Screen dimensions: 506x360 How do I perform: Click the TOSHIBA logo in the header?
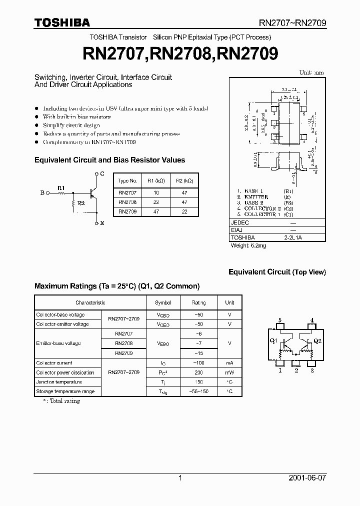pyautogui.click(x=62, y=22)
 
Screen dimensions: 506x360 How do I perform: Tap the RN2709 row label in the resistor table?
pyautogui.click(x=127, y=211)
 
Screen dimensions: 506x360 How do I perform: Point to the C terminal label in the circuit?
pyautogui.click(x=102, y=173)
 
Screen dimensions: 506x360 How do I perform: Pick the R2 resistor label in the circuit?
pyautogui.click(x=81, y=204)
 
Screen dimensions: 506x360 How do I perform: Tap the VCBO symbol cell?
pyautogui.click(x=163, y=315)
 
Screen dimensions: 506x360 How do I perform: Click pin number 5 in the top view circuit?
pyautogui.click(x=280, y=320)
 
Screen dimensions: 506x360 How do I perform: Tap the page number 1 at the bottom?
pyautogui.click(x=180, y=478)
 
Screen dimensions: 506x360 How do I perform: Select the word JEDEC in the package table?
pyautogui.click(x=240, y=223)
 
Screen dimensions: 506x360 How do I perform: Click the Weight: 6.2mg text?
pyautogui.click(x=248, y=245)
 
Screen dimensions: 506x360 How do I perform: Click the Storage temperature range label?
pyautogui.click(x=65, y=391)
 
